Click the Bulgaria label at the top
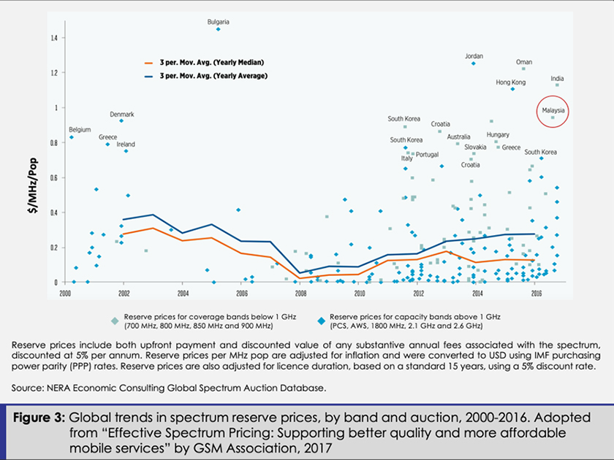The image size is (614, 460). pyautogui.click(x=218, y=21)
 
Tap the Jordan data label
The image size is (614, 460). pyautogui.click(x=474, y=56)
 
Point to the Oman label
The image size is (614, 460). pyautogui.click(x=524, y=62)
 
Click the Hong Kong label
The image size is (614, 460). pyautogui.click(x=510, y=83)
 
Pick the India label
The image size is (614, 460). pyautogui.click(x=557, y=79)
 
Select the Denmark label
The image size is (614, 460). pyautogui.click(x=121, y=115)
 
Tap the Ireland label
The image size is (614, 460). pyautogui.click(x=126, y=145)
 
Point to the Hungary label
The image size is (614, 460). pyautogui.click(x=498, y=135)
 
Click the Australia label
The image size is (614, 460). pyautogui.click(x=458, y=137)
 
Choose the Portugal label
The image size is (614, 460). pyautogui.click(x=427, y=155)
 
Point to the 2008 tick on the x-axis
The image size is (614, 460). pyautogui.click(x=300, y=294)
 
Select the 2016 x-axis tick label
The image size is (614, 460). pyautogui.click(x=536, y=294)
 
